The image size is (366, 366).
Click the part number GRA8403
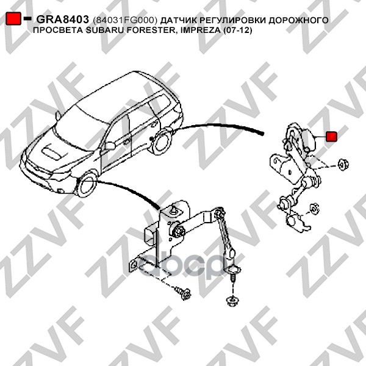[62, 20]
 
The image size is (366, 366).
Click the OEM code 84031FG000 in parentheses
[125, 20]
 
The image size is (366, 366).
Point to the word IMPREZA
[199, 30]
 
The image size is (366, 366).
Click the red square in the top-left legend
[13, 18]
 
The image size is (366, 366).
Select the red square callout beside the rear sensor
[331, 136]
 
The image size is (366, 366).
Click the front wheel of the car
[87, 185]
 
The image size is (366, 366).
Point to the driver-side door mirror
[110, 146]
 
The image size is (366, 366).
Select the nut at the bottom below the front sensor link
[232, 300]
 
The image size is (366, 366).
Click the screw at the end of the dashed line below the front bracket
[184, 292]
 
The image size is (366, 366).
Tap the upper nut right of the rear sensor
[343, 165]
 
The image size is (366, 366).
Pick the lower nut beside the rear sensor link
[314, 209]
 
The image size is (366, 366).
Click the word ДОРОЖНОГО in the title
[298, 20]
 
